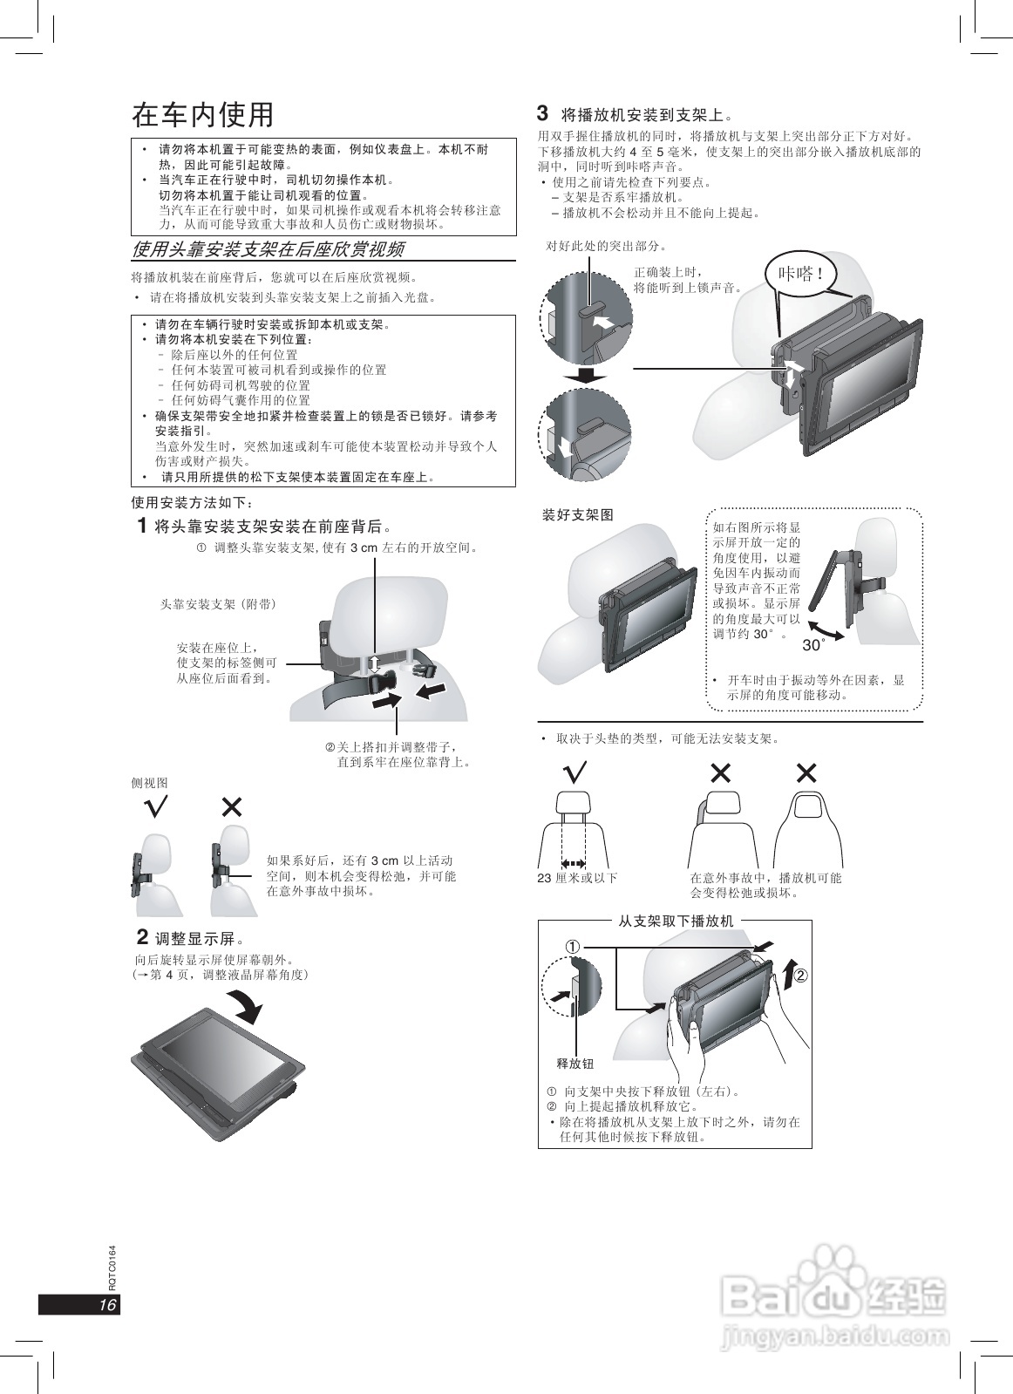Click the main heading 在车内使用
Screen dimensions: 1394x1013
[202, 115]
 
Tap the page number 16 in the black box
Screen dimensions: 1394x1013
[106, 1304]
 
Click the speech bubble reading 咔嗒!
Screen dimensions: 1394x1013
[799, 275]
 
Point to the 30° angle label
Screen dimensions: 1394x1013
[813, 645]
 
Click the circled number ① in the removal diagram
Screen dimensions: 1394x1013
[571, 946]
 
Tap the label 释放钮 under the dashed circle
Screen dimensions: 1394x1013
[574, 1064]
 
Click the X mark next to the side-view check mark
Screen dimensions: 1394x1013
[231, 807]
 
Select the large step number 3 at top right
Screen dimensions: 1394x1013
[542, 113]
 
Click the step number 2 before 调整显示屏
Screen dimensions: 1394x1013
[142, 937]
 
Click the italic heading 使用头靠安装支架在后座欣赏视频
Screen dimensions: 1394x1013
[267, 250]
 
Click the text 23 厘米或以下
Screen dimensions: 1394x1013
[577, 878]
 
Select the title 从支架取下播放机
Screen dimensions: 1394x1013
[676, 921]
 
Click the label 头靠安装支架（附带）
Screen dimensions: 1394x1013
[218, 603]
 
